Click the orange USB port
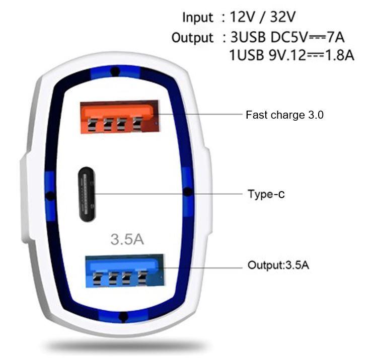pyautogui.click(x=119, y=117)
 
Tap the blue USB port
pyautogui.click(x=125, y=271)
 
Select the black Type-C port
pyautogui.click(x=87, y=195)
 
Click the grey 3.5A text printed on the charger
pyautogui.click(x=127, y=239)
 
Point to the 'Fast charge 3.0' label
pyautogui.click(x=284, y=115)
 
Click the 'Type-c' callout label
pyautogui.click(x=266, y=194)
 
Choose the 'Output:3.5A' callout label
pyautogui.click(x=278, y=265)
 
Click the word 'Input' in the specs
pyautogui.click(x=198, y=18)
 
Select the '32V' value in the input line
pyautogui.click(x=282, y=17)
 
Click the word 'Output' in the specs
pyautogui.click(x=192, y=38)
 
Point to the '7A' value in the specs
pyautogui.click(x=335, y=37)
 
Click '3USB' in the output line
pyautogui.click(x=248, y=37)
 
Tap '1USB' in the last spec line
pyautogui.click(x=247, y=55)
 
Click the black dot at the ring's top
pyautogui.click(x=115, y=71)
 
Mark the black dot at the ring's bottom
pyautogui.click(x=123, y=317)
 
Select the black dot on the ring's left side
pyautogui.click(x=50, y=196)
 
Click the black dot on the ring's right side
pyautogui.click(x=188, y=192)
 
